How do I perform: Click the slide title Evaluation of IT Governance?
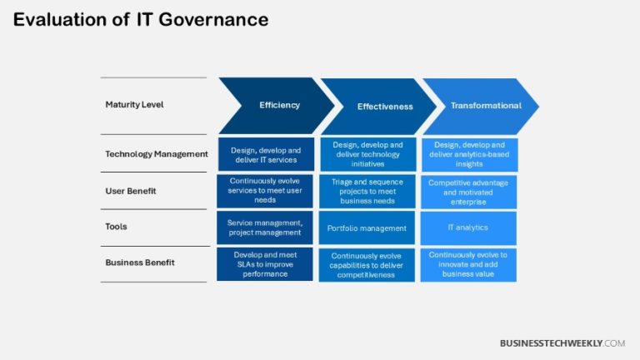141,20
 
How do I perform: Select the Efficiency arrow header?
279,105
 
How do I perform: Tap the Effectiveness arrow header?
384,107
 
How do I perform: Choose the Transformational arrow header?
485,106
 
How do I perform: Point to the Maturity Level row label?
134,105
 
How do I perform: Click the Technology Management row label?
156,154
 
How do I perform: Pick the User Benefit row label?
130,191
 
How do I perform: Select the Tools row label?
117,227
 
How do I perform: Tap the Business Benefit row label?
140,262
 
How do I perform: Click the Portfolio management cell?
367,228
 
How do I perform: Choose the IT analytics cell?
468,227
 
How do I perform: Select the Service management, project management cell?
265,227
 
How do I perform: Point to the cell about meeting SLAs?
265,263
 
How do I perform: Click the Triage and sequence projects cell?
367,192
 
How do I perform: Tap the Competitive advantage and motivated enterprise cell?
468,191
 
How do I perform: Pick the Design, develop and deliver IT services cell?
265,154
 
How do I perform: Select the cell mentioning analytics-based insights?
468,155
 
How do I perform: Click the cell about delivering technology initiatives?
367,155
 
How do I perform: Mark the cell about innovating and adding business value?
468,264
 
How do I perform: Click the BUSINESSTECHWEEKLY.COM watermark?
562,343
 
